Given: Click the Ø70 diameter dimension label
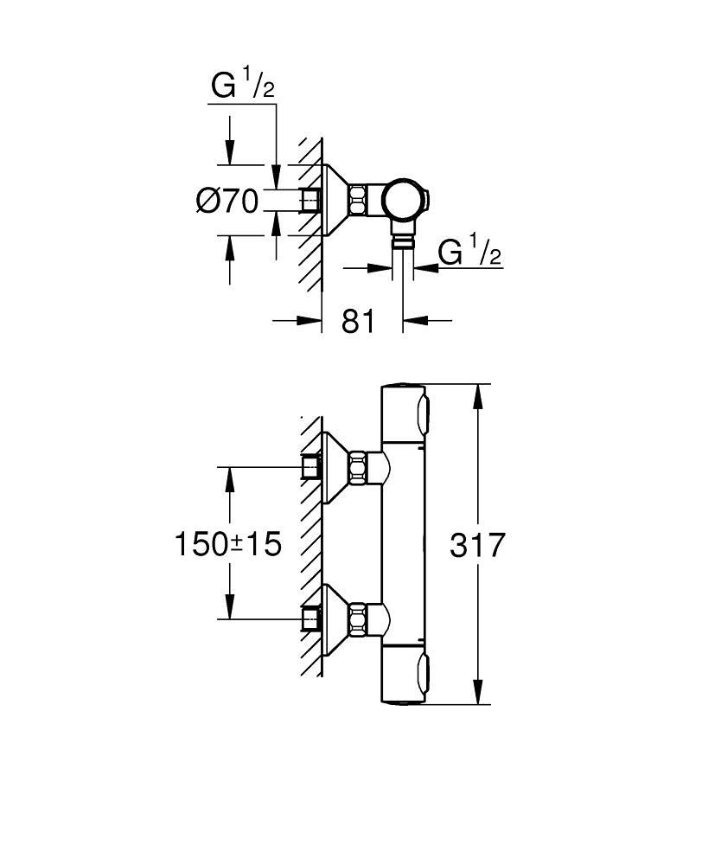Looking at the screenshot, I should tap(227, 201).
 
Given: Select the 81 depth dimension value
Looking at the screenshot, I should tap(358, 321).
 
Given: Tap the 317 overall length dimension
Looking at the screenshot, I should tap(477, 545).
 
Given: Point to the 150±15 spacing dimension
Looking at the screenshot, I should tap(228, 544).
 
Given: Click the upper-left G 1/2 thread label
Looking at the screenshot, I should tap(243, 86).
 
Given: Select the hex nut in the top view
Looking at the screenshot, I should tap(359, 200).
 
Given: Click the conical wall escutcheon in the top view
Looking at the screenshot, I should tap(333, 200).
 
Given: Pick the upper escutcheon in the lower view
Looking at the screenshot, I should tap(333, 468).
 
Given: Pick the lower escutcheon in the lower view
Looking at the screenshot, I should tap(333, 618).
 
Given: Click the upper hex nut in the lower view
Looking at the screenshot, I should tap(359, 468).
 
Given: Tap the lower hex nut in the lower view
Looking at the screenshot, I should tap(359, 618).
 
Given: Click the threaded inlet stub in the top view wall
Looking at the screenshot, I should tap(309, 200).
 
